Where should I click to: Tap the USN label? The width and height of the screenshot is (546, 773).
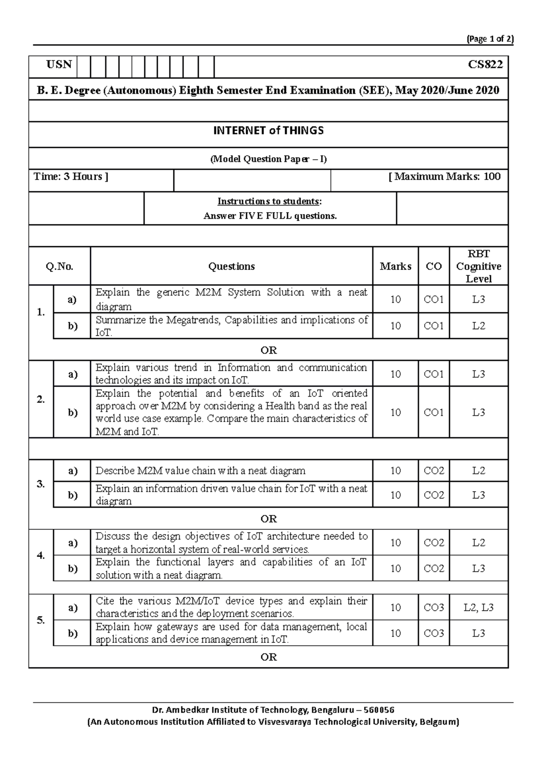(x=59, y=65)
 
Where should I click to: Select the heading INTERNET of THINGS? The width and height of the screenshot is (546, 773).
(x=268, y=131)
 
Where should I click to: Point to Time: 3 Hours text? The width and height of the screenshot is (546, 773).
(x=71, y=177)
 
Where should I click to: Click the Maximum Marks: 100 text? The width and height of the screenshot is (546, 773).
(x=445, y=177)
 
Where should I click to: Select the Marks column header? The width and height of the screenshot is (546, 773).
(x=395, y=266)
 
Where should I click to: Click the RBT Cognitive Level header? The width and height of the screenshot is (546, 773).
(x=479, y=266)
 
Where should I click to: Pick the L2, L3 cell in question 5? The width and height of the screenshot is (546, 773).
(x=479, y=607)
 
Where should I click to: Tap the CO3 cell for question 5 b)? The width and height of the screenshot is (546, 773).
(x=434, y=633)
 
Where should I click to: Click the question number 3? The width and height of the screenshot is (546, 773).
(x=41, y=484)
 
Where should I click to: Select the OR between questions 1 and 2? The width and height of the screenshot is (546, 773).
(x=268, y=350)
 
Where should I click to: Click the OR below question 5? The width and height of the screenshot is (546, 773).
(x=268, y=657)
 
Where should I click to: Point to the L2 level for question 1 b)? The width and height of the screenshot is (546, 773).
(x=479, y=326)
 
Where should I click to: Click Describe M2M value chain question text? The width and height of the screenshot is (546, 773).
(x=200, y=471)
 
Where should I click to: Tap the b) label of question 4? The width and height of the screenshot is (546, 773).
(x=73, y=569)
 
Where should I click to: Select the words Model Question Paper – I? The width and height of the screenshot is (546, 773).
(x=268, y=159)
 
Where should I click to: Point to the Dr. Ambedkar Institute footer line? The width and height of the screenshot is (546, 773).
(x=273, y=710)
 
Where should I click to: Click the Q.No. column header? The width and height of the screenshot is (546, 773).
(x=60, y=266)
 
